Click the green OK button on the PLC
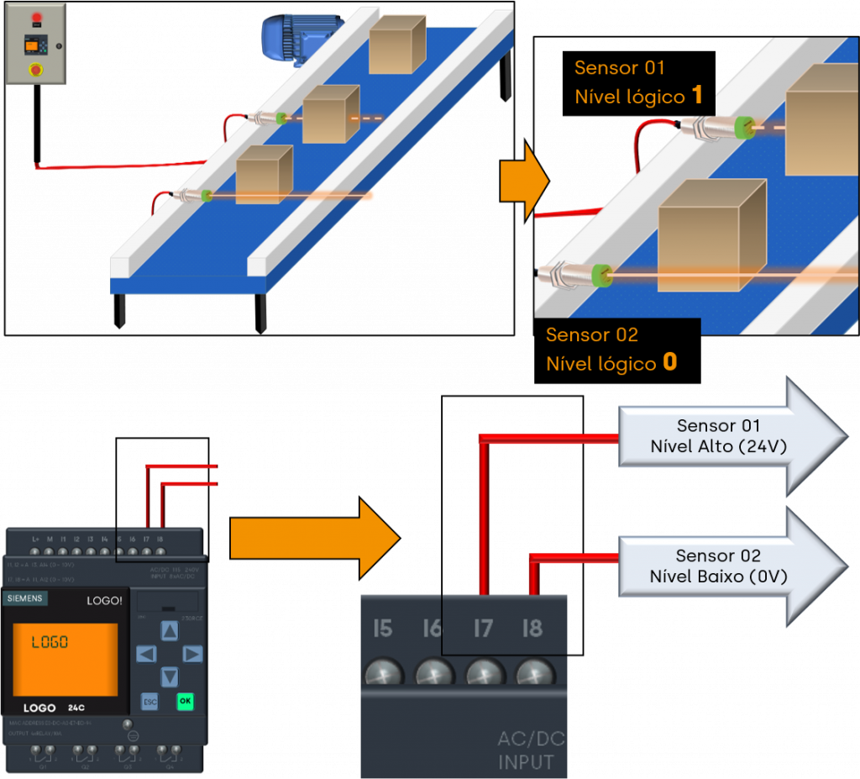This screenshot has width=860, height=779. point(185,701)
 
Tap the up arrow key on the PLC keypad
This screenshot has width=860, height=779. point(170,630)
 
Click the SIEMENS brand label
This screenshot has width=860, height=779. point(25,599)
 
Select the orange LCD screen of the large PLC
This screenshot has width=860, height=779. point(65,660)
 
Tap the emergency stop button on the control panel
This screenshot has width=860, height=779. point(36,70)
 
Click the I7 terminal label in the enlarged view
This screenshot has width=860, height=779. point(482,629)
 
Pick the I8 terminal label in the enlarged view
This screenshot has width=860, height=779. point(532,629)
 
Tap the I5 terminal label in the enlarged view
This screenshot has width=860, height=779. point(383,629)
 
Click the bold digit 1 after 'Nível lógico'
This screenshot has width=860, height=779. point(697,96)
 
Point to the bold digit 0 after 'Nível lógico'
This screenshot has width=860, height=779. point(669,363)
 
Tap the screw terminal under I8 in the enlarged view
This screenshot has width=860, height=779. point(532,674)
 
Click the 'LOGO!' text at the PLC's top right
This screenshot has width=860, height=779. point(105,601)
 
